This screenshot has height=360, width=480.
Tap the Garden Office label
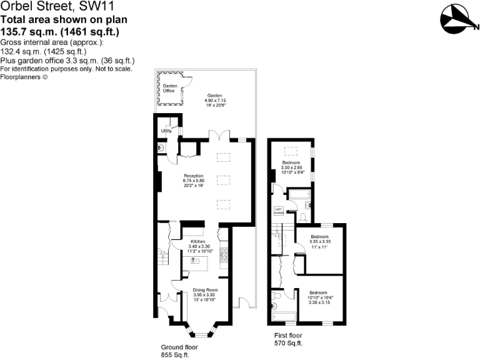tap(169, 88)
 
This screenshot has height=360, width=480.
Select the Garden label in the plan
tap(215, 96)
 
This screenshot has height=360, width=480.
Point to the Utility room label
tap(166, 131)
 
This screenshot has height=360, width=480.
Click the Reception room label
tap(193, 176)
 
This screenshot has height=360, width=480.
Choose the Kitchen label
tap(198, 241)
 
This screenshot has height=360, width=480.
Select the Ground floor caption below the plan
tap(180, 347)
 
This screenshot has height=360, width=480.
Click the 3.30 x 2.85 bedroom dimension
tap(292, 168)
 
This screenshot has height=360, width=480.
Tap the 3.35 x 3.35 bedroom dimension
tap(320, 241)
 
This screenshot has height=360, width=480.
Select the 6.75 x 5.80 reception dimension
tap(193, 181)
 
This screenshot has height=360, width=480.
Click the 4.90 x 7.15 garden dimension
tap(215, 101)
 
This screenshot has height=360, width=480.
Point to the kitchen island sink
tap(194, 260)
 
